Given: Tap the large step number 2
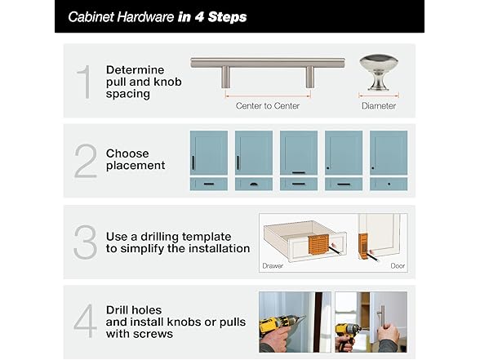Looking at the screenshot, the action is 86,161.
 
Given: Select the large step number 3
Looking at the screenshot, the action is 86,242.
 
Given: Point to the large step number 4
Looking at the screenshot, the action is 85,321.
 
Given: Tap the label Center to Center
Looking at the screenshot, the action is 268,106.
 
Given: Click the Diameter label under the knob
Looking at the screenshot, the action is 379,106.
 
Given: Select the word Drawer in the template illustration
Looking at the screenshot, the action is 273,266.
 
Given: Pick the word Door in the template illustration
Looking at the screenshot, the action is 398,266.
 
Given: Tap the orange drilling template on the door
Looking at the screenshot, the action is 362,244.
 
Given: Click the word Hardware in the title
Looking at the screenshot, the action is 145,17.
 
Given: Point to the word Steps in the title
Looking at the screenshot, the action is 227,17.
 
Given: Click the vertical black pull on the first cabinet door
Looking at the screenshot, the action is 193,163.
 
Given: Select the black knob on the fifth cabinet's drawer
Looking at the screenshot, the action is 389,184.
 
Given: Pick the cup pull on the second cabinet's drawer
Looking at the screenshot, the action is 253,184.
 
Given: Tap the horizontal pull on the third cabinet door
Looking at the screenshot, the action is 299,172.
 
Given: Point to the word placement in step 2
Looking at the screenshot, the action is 136,166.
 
